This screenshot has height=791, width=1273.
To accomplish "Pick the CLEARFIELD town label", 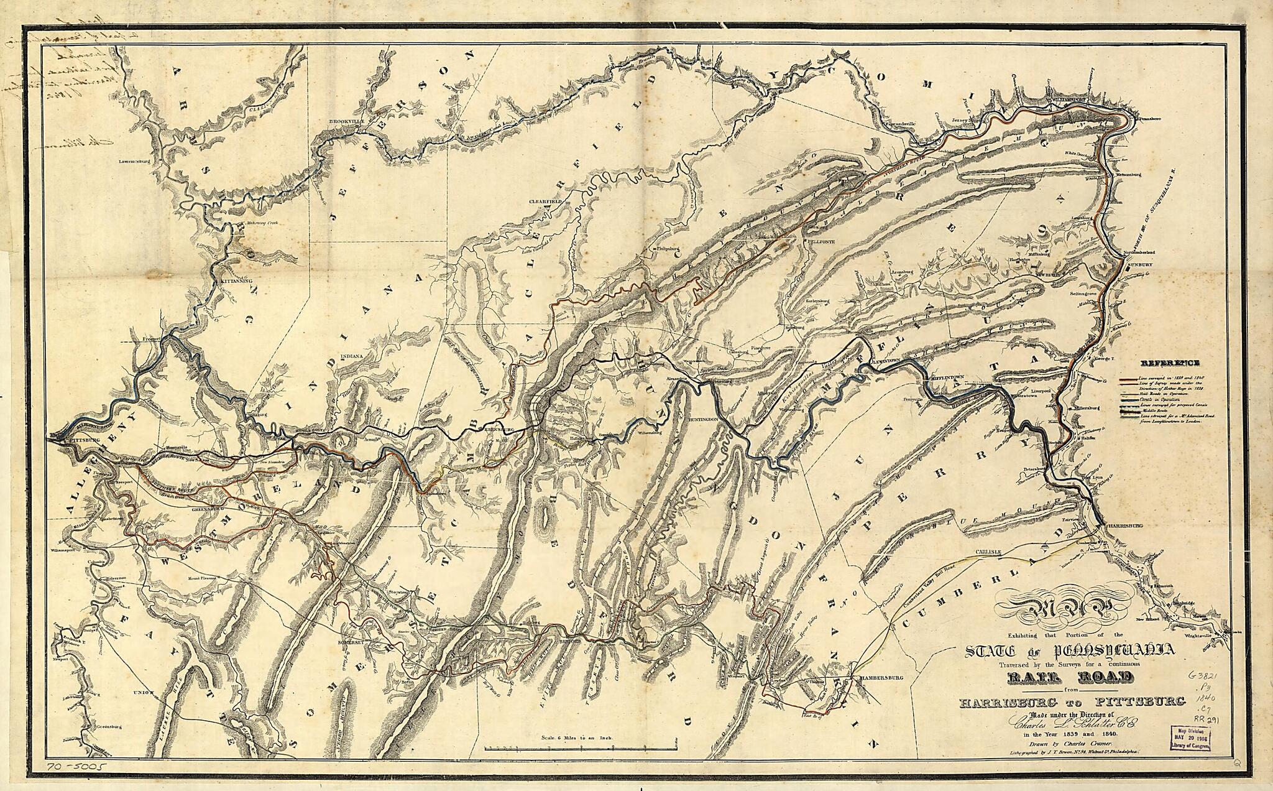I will point(545,202).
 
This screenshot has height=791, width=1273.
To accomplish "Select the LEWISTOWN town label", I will point(883,361).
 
